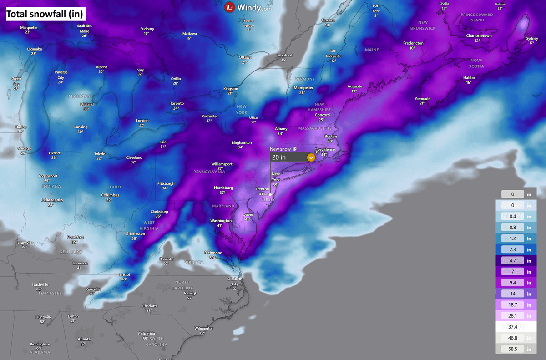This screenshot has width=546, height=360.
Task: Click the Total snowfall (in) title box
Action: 45,14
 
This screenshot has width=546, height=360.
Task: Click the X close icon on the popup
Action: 318,152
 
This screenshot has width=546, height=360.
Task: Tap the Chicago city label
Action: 24,148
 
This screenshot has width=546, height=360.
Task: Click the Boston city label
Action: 331,137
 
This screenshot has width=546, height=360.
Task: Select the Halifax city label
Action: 469,78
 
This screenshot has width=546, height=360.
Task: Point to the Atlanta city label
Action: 84,339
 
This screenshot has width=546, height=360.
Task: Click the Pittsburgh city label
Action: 159,184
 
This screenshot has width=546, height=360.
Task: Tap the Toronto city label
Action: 177,104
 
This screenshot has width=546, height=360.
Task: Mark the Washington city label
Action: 221,221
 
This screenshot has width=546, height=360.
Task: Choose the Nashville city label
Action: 40,284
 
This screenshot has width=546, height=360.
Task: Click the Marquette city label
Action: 29,28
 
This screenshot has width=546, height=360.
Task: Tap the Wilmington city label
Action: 204,329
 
